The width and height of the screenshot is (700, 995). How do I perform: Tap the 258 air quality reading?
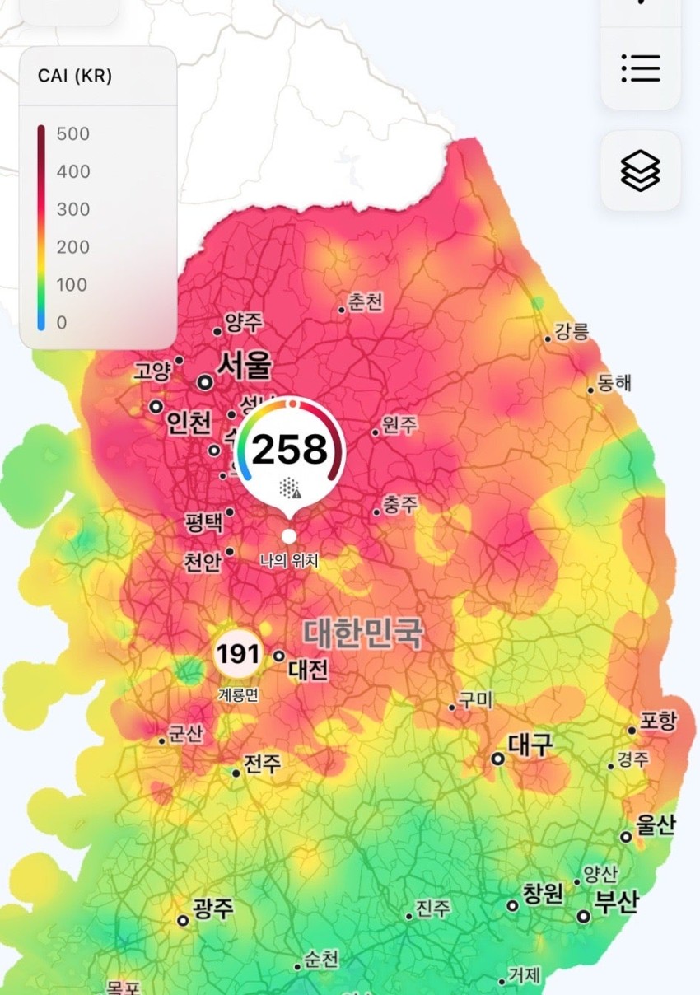tap(289, 450)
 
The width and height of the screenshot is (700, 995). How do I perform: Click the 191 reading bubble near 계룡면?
tap(238, 656)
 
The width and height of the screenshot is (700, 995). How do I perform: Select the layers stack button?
tap(641, 171)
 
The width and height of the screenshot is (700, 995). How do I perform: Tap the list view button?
tap(641, 68)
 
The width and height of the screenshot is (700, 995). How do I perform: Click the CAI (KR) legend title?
tap(75, 76)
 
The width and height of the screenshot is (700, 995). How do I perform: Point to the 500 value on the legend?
tap(73, 134)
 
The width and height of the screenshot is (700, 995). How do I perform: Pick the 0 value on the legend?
tap(62, 323)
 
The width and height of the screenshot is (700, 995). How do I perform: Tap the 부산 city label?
tap(617, 902)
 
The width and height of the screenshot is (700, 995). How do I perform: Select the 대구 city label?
tap(530, 745)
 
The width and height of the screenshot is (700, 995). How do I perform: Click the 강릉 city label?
tap(572, 332)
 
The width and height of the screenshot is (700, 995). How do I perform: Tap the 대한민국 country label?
tap(363, 633)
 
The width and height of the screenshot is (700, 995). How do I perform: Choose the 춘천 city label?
tap(366, 302)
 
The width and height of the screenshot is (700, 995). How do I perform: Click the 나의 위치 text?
tap(289, 562)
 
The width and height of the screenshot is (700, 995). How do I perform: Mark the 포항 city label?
tap(657, 722)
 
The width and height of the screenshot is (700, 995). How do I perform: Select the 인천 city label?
tap(189, 423)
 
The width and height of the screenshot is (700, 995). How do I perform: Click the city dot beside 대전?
tap(279, 656)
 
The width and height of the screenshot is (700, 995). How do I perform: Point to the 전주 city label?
tap(263, 764)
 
